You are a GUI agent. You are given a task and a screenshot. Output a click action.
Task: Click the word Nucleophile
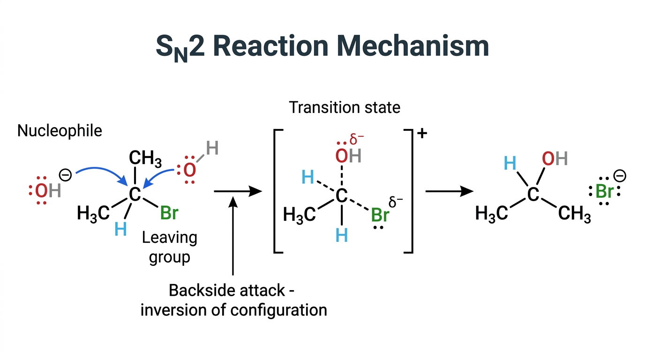click(x=60, y=131)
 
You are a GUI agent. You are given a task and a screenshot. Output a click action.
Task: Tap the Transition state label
click(x=345, y=107)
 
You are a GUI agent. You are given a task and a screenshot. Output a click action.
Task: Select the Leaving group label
click(x=170, y=247)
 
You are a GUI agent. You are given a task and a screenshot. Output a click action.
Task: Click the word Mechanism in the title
click(x=412, y=46)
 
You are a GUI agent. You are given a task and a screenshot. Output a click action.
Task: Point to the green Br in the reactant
click(x=169, y=213)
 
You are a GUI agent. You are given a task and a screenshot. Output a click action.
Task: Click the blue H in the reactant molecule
click(x=120, y=229)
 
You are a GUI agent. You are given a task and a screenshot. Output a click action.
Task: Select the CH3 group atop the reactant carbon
click(x=145, y=159)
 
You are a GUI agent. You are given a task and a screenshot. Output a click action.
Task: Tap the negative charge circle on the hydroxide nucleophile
click(x=65, y=175)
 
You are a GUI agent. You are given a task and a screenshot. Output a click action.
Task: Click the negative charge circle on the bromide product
click(x=620, y=176)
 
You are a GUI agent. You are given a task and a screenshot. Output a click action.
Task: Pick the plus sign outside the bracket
click(x=422, y=133)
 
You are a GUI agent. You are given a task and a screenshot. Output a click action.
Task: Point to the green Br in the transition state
click(x=380, y=215)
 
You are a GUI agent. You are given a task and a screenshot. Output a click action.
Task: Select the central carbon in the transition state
click(x=342, y=196)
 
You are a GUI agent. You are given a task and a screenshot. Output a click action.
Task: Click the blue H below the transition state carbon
click(x=342, y=235)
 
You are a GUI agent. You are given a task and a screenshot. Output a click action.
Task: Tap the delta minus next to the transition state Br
click(x=396, y=202)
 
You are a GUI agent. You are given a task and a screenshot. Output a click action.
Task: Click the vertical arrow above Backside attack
click(x=232, y=236)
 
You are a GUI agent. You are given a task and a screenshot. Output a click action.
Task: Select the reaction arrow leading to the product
click(x=450, y=191)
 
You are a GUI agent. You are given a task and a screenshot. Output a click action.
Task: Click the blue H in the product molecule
click(x=510, y=163)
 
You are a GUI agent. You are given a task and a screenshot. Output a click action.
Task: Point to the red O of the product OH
click(x=548, y=158)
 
